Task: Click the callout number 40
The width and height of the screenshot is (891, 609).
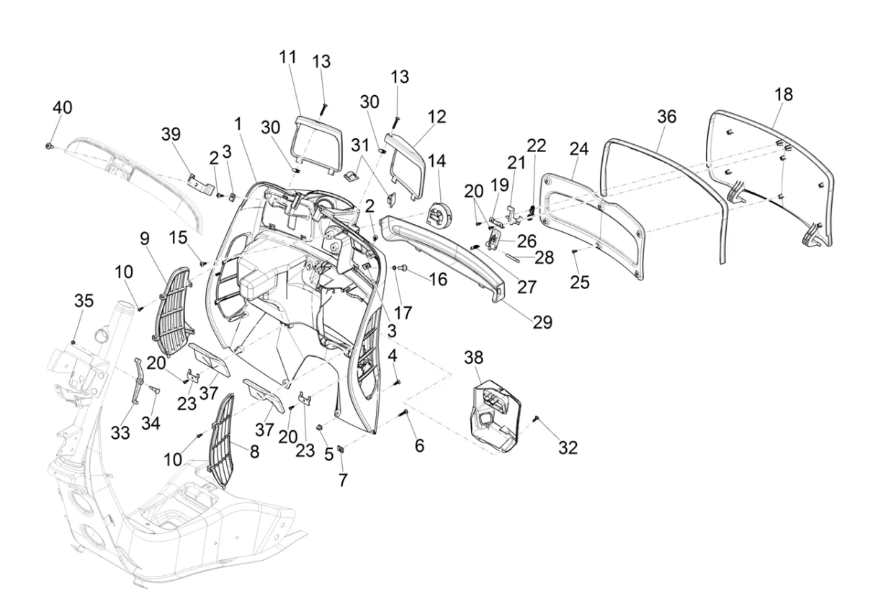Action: tap(62, 107)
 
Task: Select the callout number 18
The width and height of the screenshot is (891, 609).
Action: tap(784, 94)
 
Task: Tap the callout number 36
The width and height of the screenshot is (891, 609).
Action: tap(667, 116)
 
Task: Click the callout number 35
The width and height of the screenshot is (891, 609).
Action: tap(84, 301)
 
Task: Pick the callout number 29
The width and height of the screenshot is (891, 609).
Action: tap(542, 321)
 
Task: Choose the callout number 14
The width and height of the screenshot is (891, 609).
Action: tap(437, 161)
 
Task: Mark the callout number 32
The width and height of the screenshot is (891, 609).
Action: tap(568, 448)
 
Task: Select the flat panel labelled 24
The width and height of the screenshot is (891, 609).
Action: tap(594, 223)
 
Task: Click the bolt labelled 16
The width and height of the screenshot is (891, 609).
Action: tap(403, 268)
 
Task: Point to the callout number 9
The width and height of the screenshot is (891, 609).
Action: tap(144, 237)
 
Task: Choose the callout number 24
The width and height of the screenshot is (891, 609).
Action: tap(579, 149)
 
